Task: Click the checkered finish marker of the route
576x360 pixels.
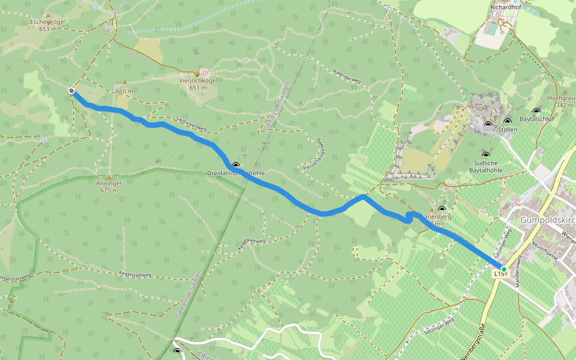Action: point(72,91)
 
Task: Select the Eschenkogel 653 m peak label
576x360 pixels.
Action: point(47,25)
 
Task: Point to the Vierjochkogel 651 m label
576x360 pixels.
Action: point(197,84)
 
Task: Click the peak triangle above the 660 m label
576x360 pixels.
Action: point(125,82)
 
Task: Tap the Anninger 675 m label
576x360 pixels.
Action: point(109,187)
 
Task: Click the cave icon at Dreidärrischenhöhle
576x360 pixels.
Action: point(236,165)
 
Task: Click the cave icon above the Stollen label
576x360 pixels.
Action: point(488,125)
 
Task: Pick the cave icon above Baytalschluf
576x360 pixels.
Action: point(535,111)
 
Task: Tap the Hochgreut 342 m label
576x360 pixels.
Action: point(561,101)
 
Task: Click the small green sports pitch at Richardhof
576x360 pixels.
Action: point(493,28)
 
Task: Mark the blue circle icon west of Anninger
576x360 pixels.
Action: point(44,139)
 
